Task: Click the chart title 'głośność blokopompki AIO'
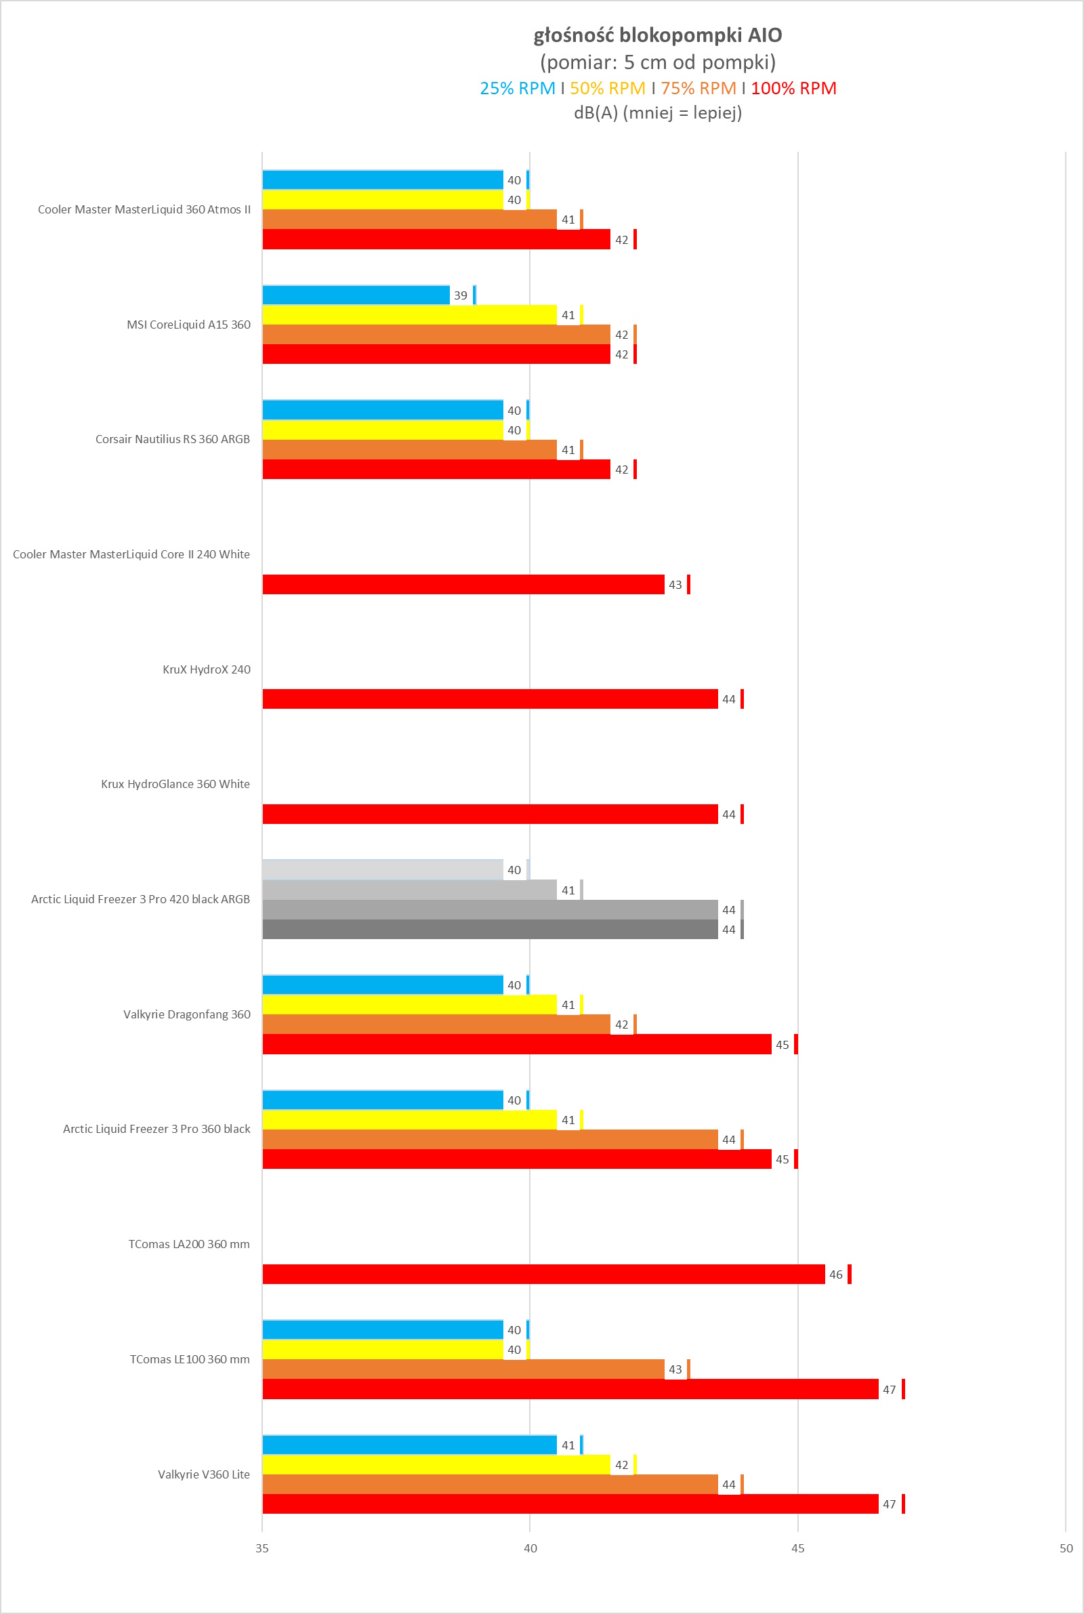click(657, 35)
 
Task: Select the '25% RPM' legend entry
click(517, 89)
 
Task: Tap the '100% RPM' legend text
click(793, 89)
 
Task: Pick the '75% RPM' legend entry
click(699, 89)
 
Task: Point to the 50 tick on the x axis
click(1066, 1548)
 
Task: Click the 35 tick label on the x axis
click(262, 1548)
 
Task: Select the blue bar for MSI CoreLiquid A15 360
click(356, 295)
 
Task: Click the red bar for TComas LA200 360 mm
click(543, 1274)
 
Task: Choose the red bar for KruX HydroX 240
click(489, 699)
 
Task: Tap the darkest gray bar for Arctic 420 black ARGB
click(489, 930)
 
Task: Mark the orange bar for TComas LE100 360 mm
click(463, 1369)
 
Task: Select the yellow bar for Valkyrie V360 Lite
click(436, 1465)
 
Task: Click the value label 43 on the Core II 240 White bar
click(675, 585)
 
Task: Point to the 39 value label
click(461, 296)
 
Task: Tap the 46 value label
click(836, 1275)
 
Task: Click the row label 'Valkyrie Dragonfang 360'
click(187, 1014)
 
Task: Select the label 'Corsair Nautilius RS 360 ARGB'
click(173, 439)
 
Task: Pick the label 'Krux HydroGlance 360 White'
click(175, 784)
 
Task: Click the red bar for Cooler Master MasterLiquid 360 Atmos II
click(436, 239)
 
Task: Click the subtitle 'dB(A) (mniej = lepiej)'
click(657, 112)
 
